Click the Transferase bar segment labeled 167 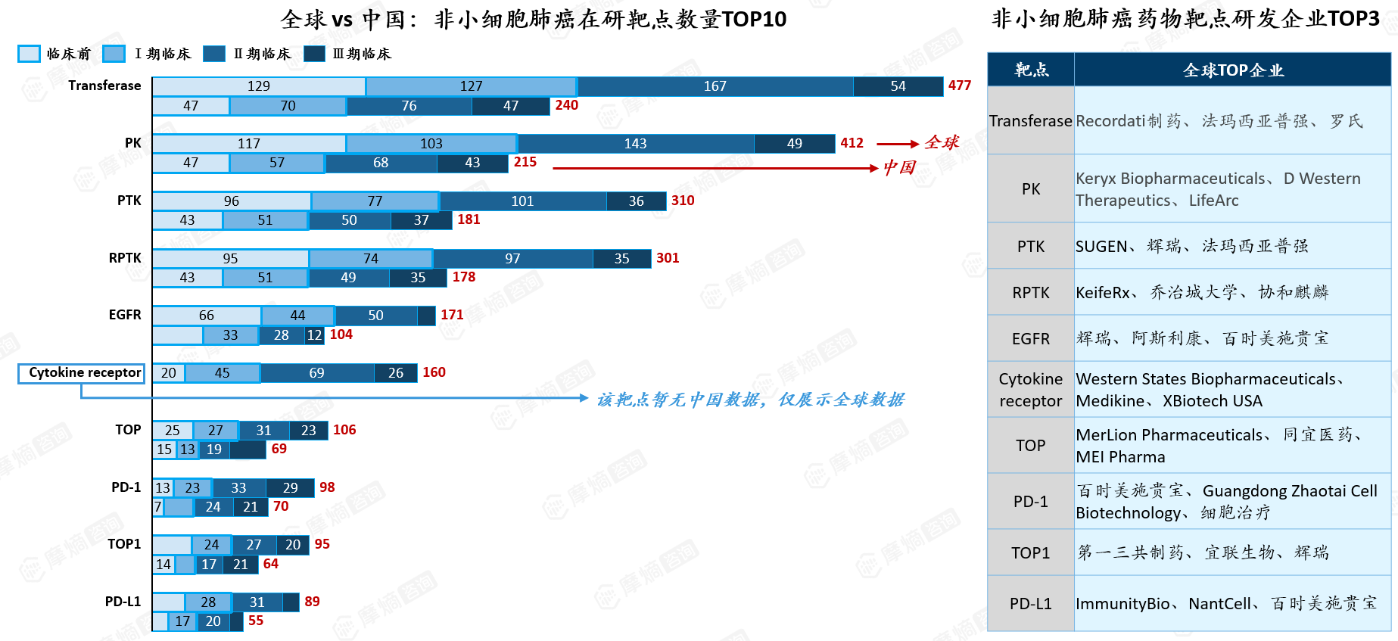(715, 86)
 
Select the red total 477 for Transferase (960, 86)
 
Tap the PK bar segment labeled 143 (636, 144)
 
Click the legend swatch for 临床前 (29, 54)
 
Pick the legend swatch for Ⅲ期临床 (314, 54)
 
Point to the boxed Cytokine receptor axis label (82, 373)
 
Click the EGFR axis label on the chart (125, 315)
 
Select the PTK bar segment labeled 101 (523, 201)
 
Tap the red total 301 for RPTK (668, 258)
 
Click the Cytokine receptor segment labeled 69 (317, 373)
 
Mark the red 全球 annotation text (942, 142)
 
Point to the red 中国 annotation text (899, 167)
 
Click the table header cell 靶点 (1031, 70)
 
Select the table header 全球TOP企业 (1233, 70)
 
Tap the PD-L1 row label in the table (1031, 604)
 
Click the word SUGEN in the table (1101, 247)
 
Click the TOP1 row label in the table (1031, 553)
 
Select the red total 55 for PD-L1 (256, 621)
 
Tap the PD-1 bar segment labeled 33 (239, 488)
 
